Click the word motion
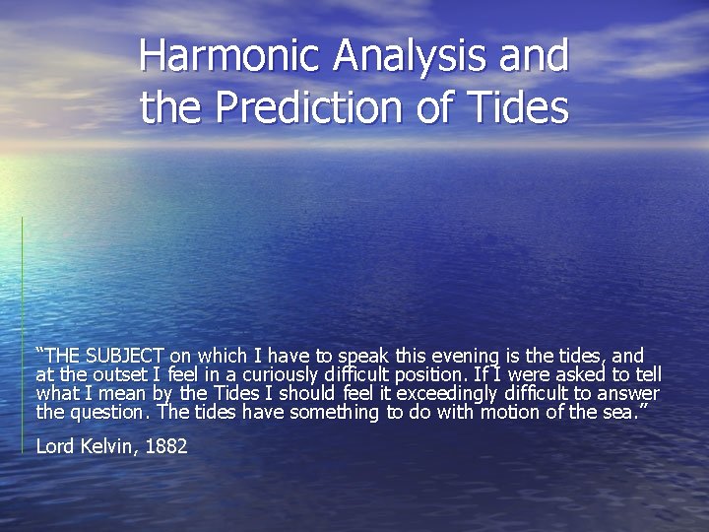(x=513, y=412)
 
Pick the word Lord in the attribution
(x=54, y=445)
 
